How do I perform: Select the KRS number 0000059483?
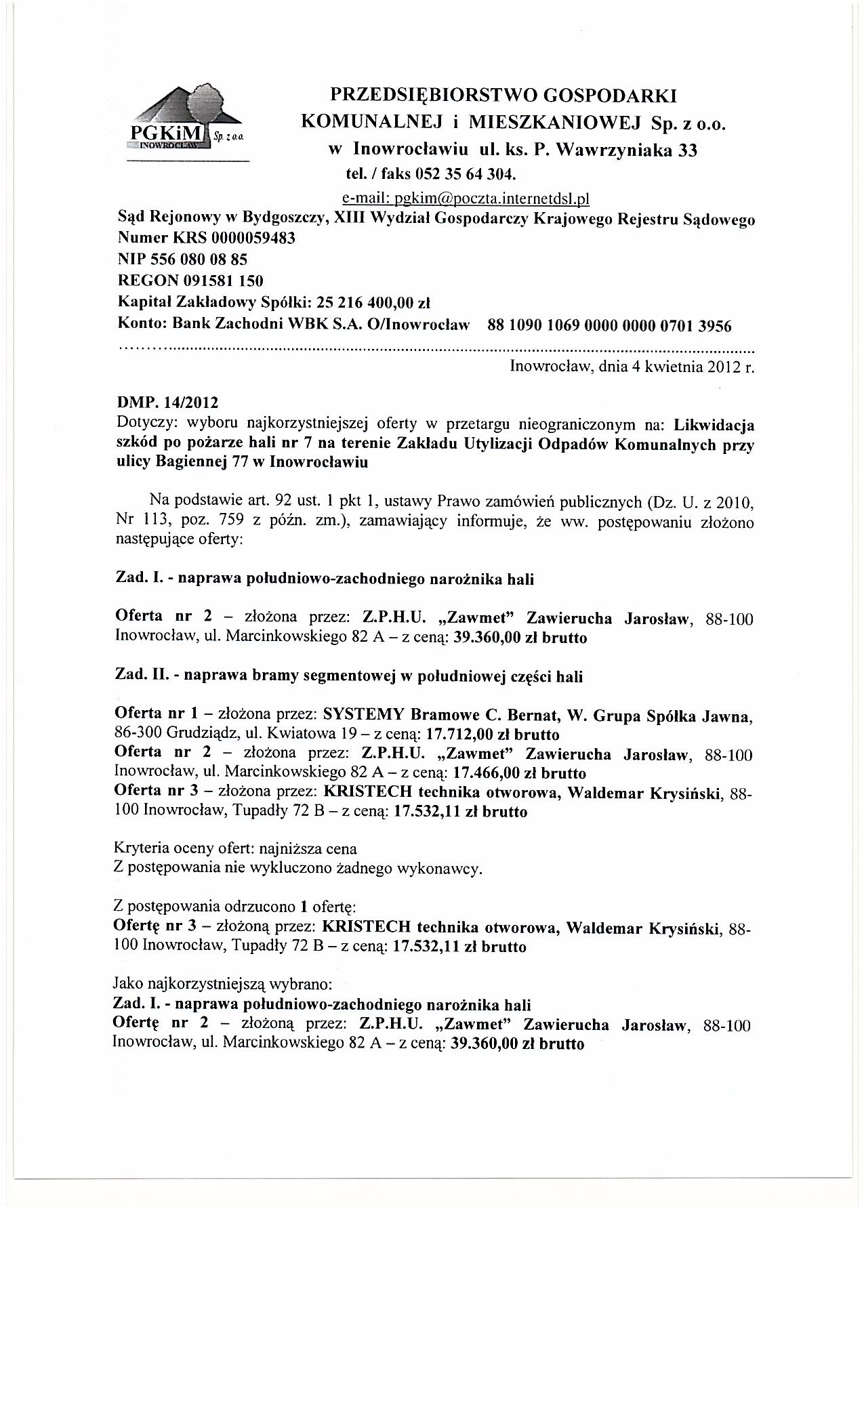(x=253, y=239)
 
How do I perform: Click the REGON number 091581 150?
(x=220, y=280)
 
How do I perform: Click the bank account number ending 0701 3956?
(x=609, y=326)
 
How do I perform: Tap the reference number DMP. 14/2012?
(x=168, y=405)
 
